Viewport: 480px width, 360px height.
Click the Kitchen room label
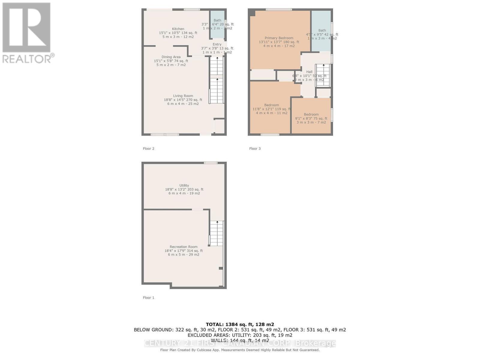click(178, 29)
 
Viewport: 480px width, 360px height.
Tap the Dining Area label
click(171, 57)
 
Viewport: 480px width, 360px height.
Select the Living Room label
click(183, 96)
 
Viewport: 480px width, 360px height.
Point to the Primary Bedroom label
click(279, 38)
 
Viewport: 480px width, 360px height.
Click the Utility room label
click(184, 186)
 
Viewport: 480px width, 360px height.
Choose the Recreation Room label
click(183, 247)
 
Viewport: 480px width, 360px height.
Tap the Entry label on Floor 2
click(217, 44)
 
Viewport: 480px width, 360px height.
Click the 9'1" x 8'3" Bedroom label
click(311, 115)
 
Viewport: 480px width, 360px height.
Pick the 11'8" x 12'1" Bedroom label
click(271, 105)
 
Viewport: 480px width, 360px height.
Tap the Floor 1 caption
click(148, 298)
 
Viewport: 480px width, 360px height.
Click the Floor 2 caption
click(148, 148)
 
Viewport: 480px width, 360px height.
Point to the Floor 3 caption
click(255, 148)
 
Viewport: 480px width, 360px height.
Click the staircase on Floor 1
click(216, 233)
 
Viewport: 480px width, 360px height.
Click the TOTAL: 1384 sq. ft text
click(240, 324)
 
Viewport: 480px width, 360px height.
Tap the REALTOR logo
click(27, 33)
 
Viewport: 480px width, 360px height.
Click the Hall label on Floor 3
click(309, 72)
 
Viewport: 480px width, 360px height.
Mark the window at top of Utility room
click(211, 163)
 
